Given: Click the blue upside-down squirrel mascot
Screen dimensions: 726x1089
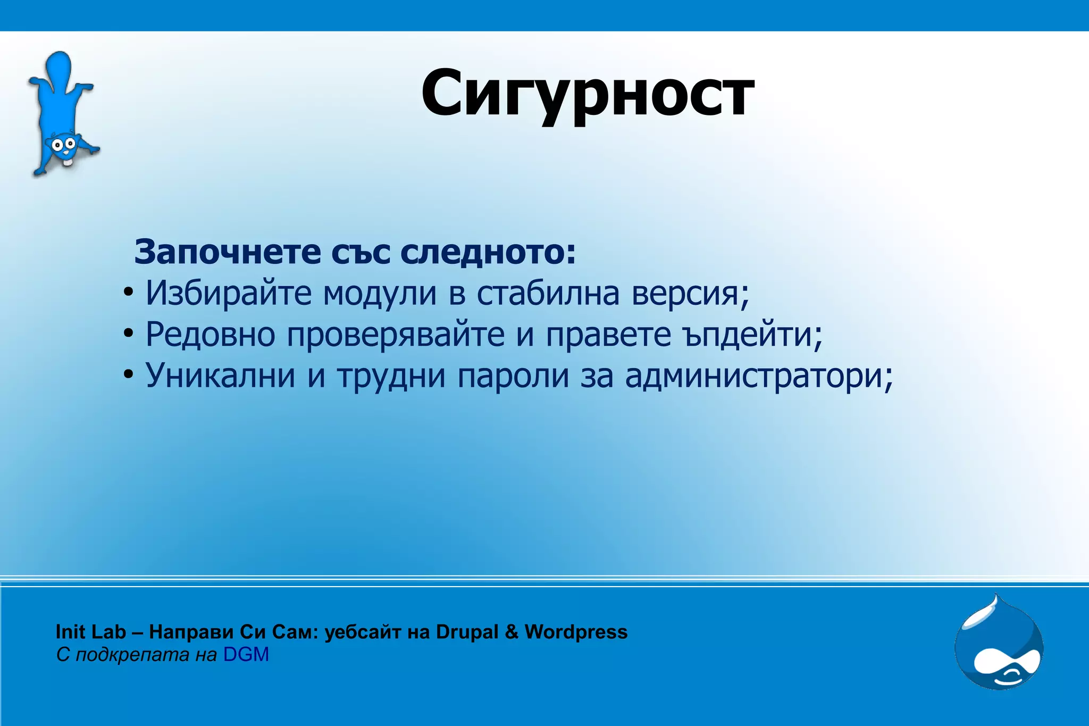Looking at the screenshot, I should [62, 114].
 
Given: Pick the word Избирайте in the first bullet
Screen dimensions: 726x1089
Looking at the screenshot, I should [229, 293].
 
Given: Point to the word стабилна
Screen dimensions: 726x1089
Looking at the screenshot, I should [548, 293].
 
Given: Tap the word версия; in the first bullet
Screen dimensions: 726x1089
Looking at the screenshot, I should [690, 293].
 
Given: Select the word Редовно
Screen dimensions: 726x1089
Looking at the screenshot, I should [211, 335].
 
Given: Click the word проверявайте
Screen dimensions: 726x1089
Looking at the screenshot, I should [396, 335].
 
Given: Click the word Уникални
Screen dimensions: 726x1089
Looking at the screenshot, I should [220, 375].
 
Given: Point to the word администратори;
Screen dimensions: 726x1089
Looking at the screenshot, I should [759, 375].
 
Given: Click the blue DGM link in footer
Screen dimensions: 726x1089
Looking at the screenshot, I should [246, 655].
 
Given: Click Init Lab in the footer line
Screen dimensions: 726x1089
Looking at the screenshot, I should [90, 632].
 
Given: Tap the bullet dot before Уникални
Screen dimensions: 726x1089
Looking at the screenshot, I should [128, 375].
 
